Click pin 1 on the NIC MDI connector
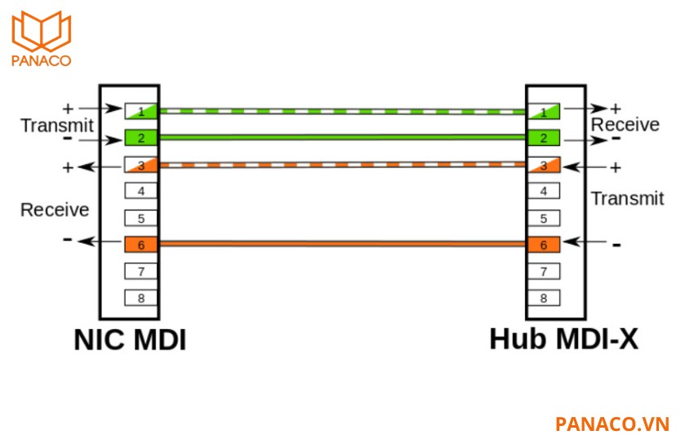click(x=141, y=111)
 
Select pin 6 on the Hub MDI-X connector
click(x=544, y=245)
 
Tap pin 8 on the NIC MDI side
click(x=141, y=298)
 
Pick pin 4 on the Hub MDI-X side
click(x=544, y=191)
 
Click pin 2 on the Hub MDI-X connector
click(x=544, y=138)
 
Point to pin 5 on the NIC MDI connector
click(x=141, y=218)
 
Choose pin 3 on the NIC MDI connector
click(x=141, y=165)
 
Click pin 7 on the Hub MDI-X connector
click(x=544, y=271)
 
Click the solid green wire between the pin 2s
click(x=343, y=138)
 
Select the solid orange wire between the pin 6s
click(x=343, y=243)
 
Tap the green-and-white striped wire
click(x=343, y=111)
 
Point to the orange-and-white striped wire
click(x=343, y=165)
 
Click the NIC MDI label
click(x=130, y=340)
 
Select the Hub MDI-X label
click(x=564, y=340)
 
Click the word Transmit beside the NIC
click(x=57, y=126)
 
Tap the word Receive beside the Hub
click(x=625, y=125)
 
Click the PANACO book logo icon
click(x=42, y=31)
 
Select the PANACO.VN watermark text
click(x=612, y=424)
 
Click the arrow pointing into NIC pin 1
click(x=100, y=108)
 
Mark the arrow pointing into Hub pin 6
click(x=585, y=242)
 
